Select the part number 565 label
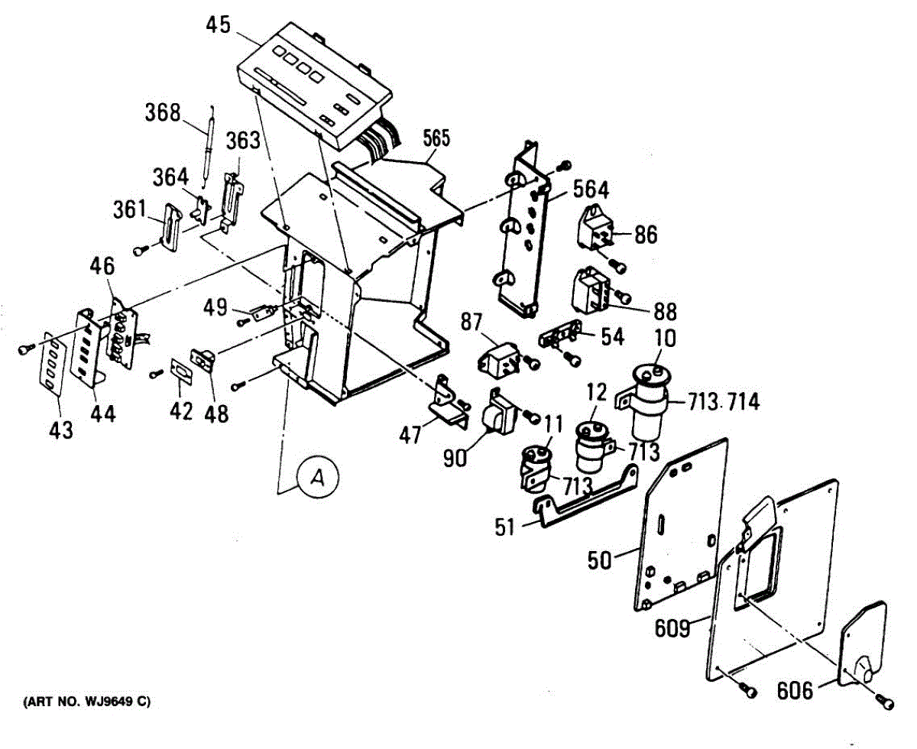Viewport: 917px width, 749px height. (x=436, y=138)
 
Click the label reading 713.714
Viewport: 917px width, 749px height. (x=724, y=402)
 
